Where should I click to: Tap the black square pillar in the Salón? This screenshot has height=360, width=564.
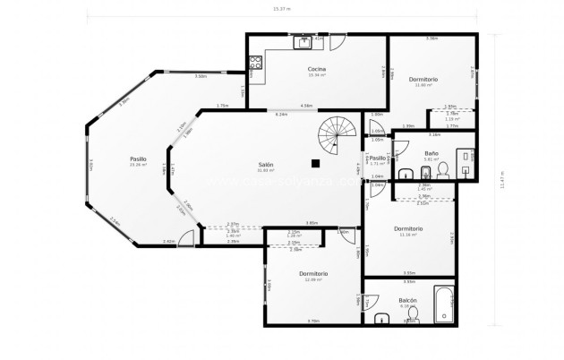(315, 163)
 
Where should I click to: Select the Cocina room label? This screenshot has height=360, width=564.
(316, 69)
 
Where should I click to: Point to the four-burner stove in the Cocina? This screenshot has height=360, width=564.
(254, 63)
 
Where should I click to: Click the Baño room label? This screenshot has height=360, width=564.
(431, 153)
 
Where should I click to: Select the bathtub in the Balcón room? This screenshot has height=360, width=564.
(443, 305)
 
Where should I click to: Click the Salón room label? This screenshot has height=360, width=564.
(266, 165)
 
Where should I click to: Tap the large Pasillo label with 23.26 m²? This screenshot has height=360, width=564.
(138, 159)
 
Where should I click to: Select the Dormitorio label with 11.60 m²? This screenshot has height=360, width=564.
(423, 81)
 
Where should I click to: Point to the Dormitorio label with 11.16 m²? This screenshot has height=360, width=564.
(408, 229)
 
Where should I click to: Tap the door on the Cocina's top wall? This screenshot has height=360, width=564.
(337, 42)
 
